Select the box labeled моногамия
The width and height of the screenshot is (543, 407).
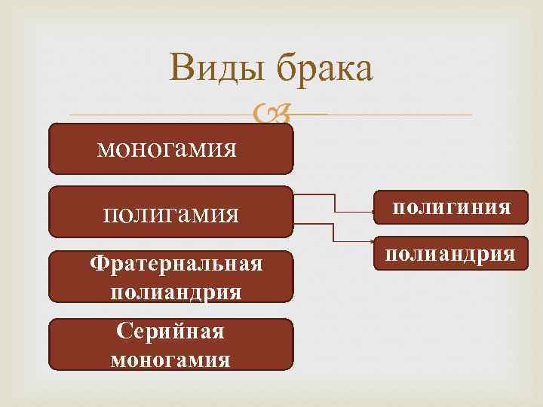coord(170,148)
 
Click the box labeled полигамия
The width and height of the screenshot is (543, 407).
coord(170,212)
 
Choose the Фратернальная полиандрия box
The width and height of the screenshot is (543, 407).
coord(170,277)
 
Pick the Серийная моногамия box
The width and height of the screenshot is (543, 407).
coord(170,344)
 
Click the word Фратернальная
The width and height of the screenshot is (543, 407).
coord(176,265)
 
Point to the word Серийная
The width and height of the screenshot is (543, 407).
coord(170,332)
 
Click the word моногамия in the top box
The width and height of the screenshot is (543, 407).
coord(167,147)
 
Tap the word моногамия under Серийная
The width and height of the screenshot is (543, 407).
coord(170,360)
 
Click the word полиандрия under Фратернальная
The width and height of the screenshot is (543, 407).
coord(176,291)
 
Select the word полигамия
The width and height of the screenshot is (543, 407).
coord(170,215)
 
